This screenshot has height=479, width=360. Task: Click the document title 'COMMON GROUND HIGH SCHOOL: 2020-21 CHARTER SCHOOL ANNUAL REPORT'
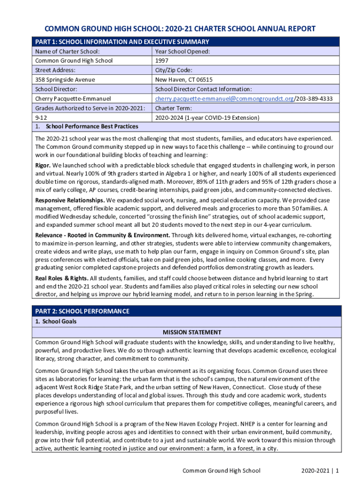180,29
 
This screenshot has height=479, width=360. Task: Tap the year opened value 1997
162,61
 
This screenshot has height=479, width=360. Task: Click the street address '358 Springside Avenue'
65,80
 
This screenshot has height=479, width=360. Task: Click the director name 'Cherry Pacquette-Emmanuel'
73,99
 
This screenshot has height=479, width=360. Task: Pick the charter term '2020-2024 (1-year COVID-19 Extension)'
207,117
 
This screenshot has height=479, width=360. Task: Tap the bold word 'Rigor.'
43,166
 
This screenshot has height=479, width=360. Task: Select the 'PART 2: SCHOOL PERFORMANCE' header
82,311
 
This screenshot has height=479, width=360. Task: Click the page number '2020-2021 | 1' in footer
320,470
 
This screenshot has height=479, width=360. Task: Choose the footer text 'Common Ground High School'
221,470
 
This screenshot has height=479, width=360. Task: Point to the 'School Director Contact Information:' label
203,89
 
